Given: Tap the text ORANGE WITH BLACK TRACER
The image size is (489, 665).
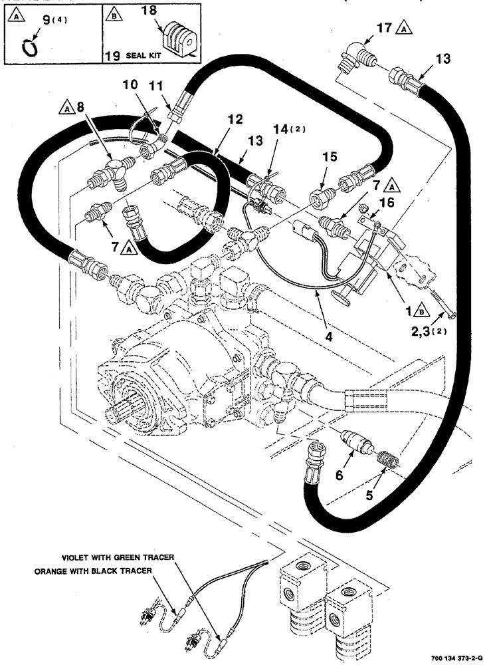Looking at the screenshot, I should coord(107,571).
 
